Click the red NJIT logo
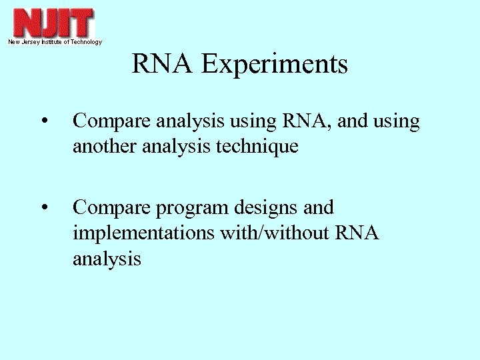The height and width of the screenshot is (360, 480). coord(53,23)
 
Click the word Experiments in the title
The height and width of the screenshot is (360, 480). coord(275,65)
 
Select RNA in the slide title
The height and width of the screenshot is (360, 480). coord(163,65)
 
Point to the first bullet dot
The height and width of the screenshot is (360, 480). coord(43,122)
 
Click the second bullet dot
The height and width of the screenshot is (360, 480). coord(43,209)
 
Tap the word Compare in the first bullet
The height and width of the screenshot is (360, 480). coord(111,122)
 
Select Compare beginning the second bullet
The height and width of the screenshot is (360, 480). coord(111,209)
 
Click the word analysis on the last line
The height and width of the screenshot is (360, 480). coord(107,259)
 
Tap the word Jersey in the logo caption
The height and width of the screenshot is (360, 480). coord(33,42)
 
